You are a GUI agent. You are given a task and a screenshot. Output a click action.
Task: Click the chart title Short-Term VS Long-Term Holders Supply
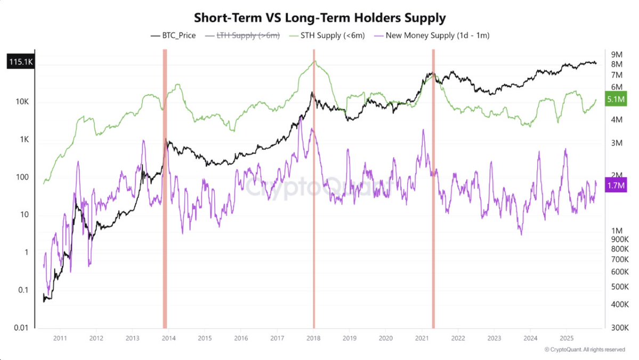[319, 17]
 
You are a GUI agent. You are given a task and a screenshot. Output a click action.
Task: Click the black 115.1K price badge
[20, 62]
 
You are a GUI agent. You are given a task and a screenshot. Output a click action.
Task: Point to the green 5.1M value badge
[617, 99]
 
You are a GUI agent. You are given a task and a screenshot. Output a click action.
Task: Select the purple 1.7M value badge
[617, 185]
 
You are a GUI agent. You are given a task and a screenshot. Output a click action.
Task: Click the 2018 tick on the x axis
[313, 338]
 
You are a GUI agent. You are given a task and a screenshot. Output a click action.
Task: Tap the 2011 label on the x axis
[59, 338]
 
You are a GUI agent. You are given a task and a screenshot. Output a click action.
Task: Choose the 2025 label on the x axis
[567, 338]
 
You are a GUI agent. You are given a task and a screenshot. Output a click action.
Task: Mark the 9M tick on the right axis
[617, 54]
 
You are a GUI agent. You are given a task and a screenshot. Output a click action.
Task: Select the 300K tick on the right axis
[620, 327]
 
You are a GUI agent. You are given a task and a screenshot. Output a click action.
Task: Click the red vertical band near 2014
[165, 187]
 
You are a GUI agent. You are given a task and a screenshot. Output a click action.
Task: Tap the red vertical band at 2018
[314, 187]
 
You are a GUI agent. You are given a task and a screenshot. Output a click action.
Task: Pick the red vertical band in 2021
[433, 187]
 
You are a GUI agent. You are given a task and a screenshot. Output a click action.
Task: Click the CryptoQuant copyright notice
[585, 350]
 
